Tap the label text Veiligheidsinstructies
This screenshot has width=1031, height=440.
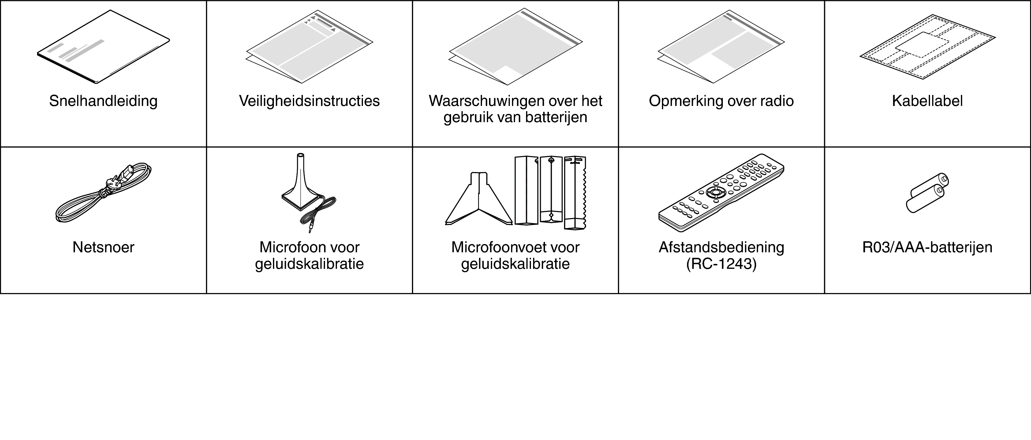(x=309, y=101)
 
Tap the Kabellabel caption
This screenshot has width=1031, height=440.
(x=927, y=101)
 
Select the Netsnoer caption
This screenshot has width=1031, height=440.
(x=103, y=247)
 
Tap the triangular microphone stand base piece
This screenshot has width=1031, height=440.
(x=479, y=200)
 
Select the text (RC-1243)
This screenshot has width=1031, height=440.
(x=721, y=264)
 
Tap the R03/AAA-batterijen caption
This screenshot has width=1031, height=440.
(x=927, y=247)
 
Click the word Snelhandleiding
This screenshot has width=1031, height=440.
(x=103, y=101)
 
